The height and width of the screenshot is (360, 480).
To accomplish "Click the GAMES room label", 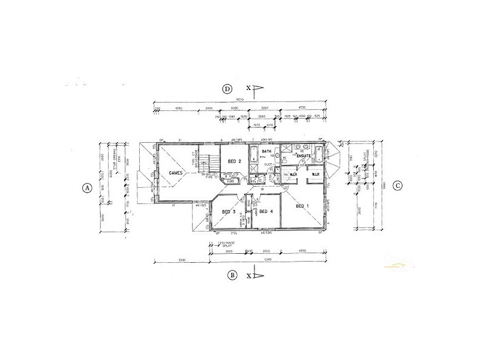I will (176, 173).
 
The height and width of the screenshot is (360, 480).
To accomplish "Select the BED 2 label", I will (235, 161).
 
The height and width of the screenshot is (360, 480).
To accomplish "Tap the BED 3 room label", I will (228, 212).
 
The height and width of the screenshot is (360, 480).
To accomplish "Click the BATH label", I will (258, 152).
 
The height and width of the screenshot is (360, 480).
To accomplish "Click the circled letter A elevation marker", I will (87, 187).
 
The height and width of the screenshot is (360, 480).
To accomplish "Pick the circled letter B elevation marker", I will (232, 275).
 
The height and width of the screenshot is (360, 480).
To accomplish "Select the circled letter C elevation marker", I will (398, 185).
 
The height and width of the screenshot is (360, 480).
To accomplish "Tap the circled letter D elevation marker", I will (227, 89).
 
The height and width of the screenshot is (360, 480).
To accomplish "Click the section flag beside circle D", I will (257, 90).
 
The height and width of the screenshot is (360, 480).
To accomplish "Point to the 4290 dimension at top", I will (178, 109).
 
